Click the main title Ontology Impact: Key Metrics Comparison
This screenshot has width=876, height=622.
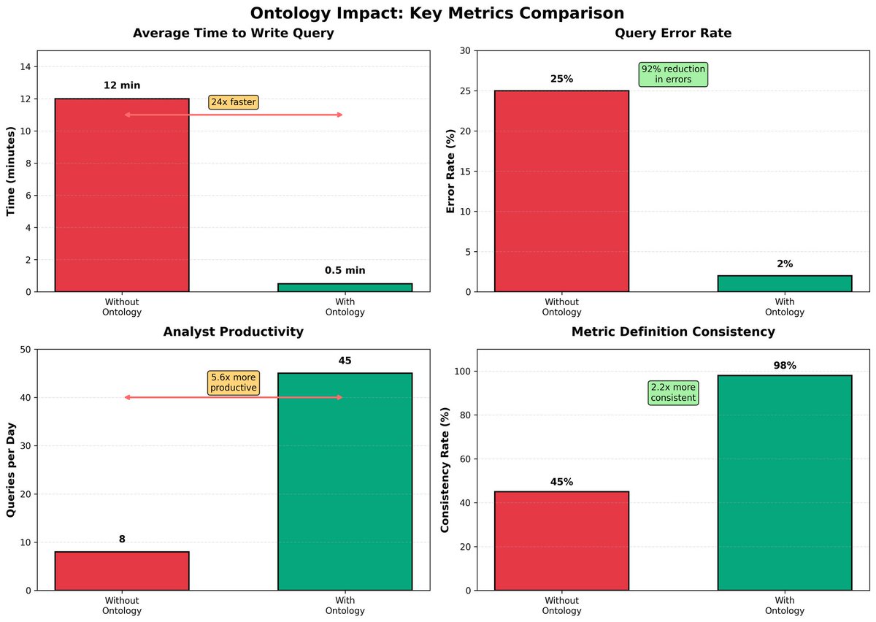pyautogui.click(x=437, y=13)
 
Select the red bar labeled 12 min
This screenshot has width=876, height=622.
pyautogui.click(x=122, y=195)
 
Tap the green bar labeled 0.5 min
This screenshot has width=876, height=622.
pyautogui.click(x=345, y=287)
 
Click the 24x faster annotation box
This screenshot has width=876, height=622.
pyautogui.click(x=234, y=102)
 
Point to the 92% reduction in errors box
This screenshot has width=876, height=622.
pyautogui.click(x=673, y=74)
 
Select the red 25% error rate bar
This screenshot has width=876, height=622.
pyautogui.click(x=561, y=191)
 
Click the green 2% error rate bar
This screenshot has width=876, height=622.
pyautogui.click(x=785, y=283)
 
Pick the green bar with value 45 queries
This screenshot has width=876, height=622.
pyautogui.click(x=345, y=482)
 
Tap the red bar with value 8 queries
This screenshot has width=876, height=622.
pyautogui.click(x=122, y=571)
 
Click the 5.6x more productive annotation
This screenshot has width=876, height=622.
pyautogui.click(x=234, y=383)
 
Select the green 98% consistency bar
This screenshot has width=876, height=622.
pyautogui.click(x=785, y=483)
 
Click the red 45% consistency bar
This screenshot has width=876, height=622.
pyautogui.click(x=561, y=540)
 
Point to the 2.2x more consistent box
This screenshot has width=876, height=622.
pyautogui.click(x=673, y=393)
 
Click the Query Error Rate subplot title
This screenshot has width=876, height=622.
pyautogui.click(x=673, y=34)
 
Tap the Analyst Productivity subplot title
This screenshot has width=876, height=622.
pyautogui.click(x=234, y=332)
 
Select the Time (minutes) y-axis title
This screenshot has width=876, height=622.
pyautogui.click(x=11, y=171)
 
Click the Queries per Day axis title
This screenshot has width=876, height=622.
pyautogui.click(x=11, y=469)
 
